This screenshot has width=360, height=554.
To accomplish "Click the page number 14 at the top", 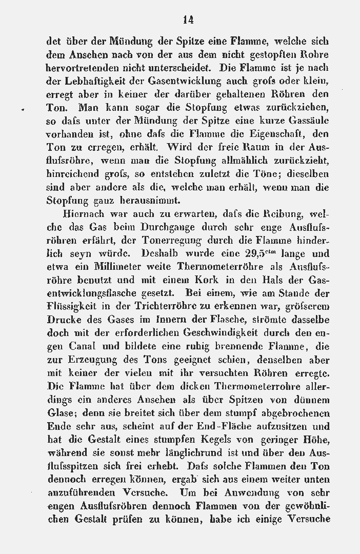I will click(x=188, y=20).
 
